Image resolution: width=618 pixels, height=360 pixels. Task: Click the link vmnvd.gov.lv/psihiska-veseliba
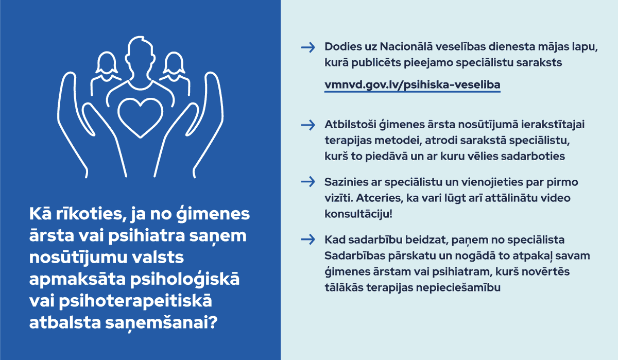pos(412,84)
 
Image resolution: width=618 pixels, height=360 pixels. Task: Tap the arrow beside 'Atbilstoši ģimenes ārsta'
pos(307,125)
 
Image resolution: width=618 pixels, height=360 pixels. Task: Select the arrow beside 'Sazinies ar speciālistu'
pos(307,182)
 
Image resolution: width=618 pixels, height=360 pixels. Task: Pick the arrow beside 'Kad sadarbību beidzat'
pos(307,239)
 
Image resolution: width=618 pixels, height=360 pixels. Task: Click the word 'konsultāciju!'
pos(358,213)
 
